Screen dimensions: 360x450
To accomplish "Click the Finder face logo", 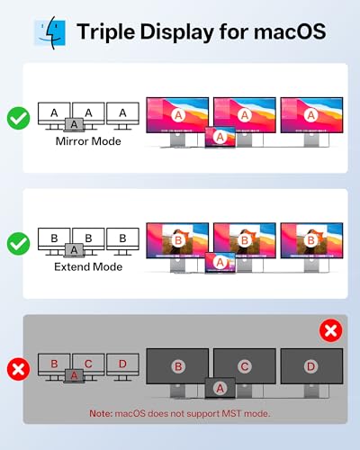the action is click(x=49, y=32).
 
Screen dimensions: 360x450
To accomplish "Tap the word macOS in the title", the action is click(x=290, y=31).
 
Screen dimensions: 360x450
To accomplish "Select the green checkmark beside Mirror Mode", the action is click(x=19, y=118).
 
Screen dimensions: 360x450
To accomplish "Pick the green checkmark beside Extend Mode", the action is click(x=19, y=244).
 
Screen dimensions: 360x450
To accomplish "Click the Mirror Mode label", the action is click(x=88, y=141).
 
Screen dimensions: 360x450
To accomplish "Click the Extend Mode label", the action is click(x=88, y=266).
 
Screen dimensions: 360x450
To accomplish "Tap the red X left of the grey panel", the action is click(x=19, y=369).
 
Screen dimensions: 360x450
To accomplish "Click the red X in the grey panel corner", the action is click(x=331, y=330).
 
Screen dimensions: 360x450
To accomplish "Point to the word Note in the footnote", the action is click(x=101, y=413).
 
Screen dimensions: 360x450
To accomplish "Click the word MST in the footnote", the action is click(x=231, y=413).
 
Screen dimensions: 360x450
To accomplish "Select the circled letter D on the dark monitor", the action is click(x=310, y=366).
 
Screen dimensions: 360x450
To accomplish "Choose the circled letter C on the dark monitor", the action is click(x=245, y=366).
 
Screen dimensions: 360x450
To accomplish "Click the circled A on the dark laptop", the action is click(x=220, y=388).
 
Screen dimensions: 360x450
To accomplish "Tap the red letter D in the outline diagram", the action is click(x=122, y=364).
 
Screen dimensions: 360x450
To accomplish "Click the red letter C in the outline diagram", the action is click(x=88, y=364).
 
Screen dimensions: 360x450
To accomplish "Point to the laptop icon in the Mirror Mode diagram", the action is click(x=74, y=124).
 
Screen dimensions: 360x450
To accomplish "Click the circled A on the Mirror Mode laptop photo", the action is click(x=220, y=137).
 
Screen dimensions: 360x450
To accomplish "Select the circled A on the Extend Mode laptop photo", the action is click(x=220, y=263).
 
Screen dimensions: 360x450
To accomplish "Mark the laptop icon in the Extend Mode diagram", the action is click(x=74, y=250).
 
